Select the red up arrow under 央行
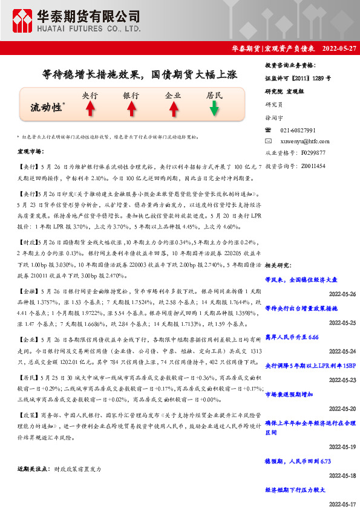(x=90, y=108)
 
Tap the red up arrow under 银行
(x=131, y=108)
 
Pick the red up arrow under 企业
(x=172, y=108)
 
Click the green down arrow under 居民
(x=214, y=108)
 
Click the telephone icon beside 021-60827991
(x=269, y=130)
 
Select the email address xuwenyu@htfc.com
(x=303, y=141)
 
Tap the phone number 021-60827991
(x=298, y=130)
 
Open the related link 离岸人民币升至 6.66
(x=292, y=336)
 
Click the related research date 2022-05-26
(x=342, y=294)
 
